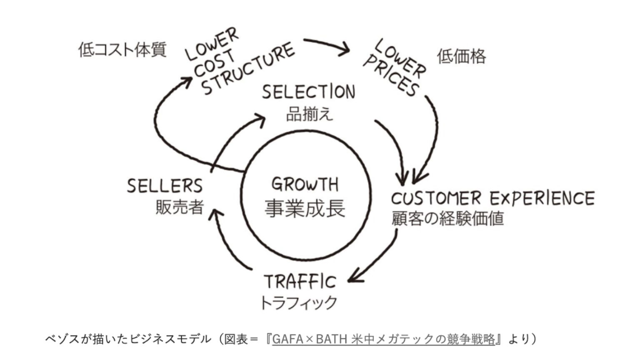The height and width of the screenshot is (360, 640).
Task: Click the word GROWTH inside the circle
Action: point(305,184)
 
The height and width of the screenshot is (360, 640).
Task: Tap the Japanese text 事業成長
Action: point(305,208)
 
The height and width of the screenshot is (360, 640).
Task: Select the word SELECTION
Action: point(308,92)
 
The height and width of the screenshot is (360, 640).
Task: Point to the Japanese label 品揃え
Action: point(310,114)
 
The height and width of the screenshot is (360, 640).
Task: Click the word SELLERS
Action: point(165,186)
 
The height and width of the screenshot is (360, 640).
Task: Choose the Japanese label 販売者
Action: point(179,207)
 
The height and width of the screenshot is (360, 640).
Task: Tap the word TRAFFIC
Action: point(300,282)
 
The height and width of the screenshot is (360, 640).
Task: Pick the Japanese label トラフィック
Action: point(298,302)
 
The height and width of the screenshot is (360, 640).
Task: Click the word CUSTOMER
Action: point(436,198)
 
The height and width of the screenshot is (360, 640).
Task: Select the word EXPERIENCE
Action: point(542,198)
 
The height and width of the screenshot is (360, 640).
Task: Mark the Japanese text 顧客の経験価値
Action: point(447,218)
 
